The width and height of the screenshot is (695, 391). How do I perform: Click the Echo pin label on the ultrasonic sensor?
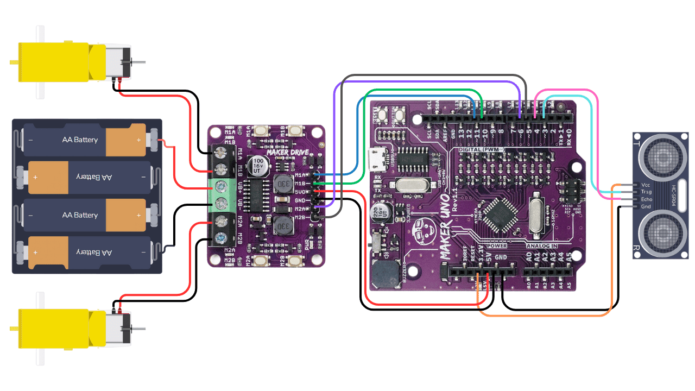(x=646, y=199)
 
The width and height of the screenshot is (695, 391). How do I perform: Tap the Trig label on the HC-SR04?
(x=646, y=192)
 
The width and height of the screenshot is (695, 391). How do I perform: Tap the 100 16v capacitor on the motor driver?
(x=257, y=166)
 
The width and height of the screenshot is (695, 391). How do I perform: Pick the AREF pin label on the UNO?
(x=444, y=134)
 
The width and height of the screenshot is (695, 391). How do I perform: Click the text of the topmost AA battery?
(x=79, y=140)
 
